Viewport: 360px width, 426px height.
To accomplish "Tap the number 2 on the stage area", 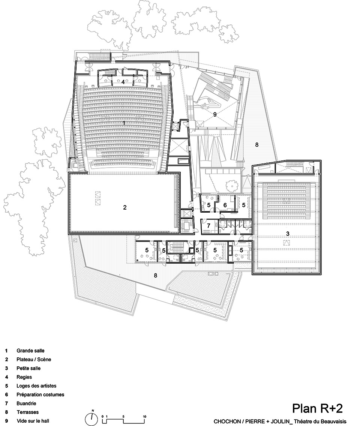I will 125,207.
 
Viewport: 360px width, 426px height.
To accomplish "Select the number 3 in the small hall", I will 288,234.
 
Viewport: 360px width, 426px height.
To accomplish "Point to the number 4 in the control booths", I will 123,81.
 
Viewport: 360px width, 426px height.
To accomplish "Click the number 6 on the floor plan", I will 225,205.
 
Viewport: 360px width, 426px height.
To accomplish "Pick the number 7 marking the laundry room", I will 208,226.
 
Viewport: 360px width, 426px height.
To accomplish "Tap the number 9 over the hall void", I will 215,115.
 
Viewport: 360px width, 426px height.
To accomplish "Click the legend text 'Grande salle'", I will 30,351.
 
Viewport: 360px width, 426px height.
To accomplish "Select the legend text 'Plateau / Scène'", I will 34,359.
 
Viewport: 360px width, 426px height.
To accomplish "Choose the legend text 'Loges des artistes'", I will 36,385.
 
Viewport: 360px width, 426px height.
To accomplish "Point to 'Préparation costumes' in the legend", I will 40,394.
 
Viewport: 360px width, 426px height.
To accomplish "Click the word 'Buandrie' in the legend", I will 27,403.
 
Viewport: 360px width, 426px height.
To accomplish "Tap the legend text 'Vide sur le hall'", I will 33,421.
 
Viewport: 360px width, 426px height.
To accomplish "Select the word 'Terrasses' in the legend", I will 27,412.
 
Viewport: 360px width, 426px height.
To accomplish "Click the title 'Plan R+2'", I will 317,408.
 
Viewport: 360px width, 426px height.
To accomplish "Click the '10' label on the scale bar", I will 144,417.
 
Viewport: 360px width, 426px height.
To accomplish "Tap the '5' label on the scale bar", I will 123,417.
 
